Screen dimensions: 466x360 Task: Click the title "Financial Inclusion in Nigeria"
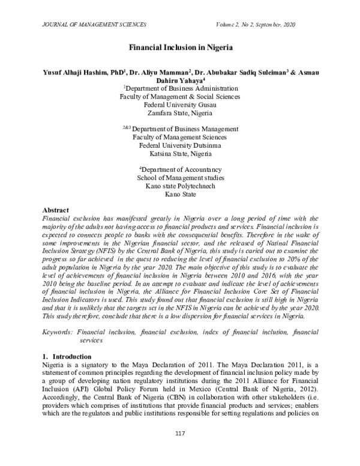click(x=181, y=46)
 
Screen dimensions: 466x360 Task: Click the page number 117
click(x=180, y=450)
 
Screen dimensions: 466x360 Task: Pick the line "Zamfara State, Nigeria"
click(x=181, y=112)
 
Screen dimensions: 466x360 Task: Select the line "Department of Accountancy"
click(x=181, y=169)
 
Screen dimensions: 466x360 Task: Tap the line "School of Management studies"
click(x=181, y=178)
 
